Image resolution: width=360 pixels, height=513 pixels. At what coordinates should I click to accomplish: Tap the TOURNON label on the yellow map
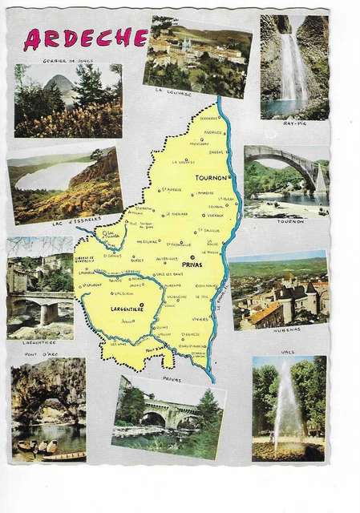[211, 179]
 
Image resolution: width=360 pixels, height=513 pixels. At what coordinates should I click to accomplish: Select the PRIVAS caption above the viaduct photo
[172, 378]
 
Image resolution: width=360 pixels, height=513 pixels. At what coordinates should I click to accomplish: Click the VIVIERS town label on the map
[200, 317]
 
